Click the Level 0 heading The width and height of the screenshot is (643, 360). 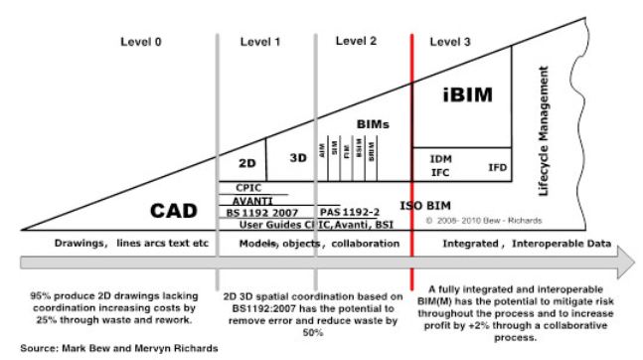[142, 42]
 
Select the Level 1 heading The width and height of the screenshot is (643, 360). [262, 42]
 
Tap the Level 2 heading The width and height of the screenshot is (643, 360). [356, 41]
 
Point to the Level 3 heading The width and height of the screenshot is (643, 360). [452, 42]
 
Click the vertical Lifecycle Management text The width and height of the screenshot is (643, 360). [544, 129]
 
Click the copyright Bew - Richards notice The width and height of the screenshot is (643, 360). [472, 218]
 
